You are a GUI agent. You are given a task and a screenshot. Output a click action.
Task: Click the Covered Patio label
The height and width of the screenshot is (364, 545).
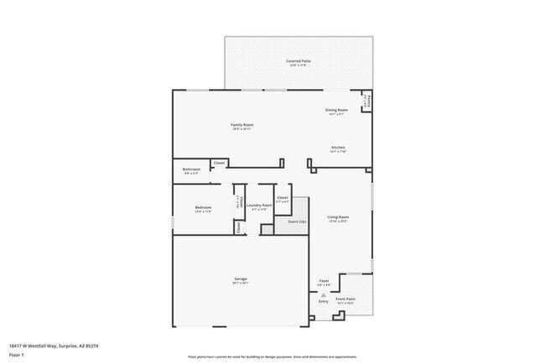click(x=299, y=62)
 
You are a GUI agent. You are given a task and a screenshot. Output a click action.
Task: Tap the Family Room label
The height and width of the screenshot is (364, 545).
click(x=242, y=126)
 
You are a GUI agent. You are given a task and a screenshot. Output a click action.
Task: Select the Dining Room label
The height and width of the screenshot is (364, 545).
click(x=336, y=111)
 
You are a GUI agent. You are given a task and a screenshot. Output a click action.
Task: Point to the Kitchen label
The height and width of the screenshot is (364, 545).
click(x=337, y=148)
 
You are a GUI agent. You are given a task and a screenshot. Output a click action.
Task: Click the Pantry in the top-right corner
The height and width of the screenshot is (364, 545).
click(x=366, y=101)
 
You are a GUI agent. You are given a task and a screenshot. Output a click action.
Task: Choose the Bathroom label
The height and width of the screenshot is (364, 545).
click(x=190, y=170)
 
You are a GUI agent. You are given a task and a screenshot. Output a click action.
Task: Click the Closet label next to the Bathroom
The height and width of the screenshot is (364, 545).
click(x=219, y=163)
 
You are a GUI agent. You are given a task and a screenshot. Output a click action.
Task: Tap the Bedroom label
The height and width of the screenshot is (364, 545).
click(x=203, y=208)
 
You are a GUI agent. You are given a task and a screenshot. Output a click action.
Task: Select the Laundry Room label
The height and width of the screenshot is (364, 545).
click(x=261, y=205)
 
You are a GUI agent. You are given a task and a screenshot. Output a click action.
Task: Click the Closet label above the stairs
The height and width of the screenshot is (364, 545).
click(x=283, y=199)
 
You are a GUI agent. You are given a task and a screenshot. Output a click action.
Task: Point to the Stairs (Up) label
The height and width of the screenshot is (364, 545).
click(x=297, y=221)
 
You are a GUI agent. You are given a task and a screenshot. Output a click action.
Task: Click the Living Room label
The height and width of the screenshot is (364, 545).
click(x=338, y=217)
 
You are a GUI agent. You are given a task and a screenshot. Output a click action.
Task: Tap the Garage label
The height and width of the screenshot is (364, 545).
click(x=241, y=279)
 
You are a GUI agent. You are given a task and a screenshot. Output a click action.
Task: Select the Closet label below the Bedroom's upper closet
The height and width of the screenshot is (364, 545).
click(x=238, y=226)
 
